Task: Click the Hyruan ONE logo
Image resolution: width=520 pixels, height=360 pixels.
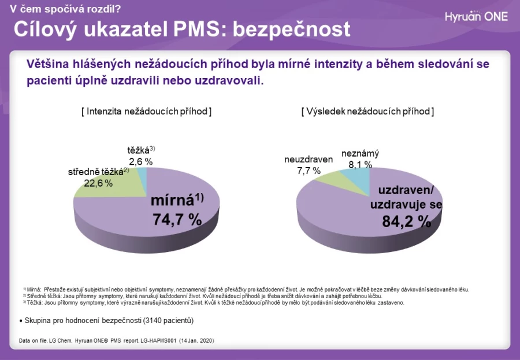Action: [x=476, y=16]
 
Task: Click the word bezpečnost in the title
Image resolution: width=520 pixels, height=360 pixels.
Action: [x=292, y=29]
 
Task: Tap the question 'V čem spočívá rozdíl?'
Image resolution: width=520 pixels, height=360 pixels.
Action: [x=65, y=9]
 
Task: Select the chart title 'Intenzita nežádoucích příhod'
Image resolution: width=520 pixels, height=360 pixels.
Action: [x=147, y=111]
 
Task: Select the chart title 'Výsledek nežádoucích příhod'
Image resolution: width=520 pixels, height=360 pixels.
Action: [x=368, y=111]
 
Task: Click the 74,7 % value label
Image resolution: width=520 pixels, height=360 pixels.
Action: [x=177, y=220]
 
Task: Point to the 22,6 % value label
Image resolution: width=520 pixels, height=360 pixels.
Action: [x=98, y=183]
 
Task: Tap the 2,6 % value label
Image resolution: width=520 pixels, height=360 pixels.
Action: [x=141, y=162]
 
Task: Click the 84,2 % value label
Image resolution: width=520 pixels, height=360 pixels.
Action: [x=407, y=221]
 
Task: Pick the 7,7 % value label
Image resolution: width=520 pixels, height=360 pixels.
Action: [x=309, y=170]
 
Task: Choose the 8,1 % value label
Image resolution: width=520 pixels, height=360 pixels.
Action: [x=360, y=164]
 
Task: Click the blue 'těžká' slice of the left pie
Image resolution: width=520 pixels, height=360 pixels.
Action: [x=142, y=179]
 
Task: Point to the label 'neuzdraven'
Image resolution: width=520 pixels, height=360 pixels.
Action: [x=309, y=159]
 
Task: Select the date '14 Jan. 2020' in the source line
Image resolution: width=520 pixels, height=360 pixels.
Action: [x=196, y=341]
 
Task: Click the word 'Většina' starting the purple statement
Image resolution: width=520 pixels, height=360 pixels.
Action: [x=47, y=64]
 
